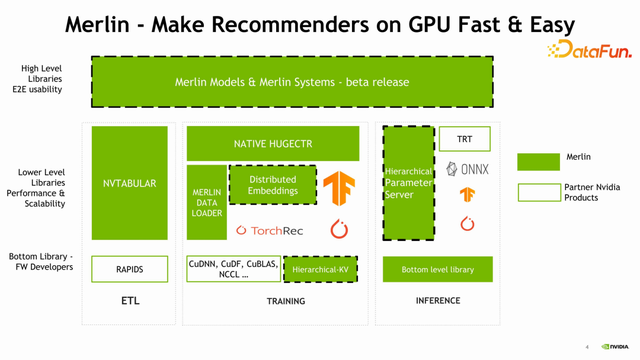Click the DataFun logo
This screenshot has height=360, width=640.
click(x=589, y=50)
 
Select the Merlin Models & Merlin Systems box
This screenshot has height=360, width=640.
click(x=291, y=82)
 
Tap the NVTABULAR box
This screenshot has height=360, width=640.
click(x=130, y=183)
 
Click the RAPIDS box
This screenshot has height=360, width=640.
click(x=130, y=269)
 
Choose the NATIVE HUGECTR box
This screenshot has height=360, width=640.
click(x=273, y=144)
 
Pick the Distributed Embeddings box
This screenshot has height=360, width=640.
click(x=273, y=184)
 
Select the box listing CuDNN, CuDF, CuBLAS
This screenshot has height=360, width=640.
click(x=233, y=269)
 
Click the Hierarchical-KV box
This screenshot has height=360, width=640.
click(x=320, y=269)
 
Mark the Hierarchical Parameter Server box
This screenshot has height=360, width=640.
click(x=408, y=183)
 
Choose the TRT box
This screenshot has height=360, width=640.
click(x=464, y=139)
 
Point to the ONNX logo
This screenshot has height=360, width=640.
click(x=467, y=169)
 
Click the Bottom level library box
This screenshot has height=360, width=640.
click(x=437, y=269)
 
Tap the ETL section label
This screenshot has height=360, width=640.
click(x=130, y=300)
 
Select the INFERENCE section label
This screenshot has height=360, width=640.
click(x=437, y=300)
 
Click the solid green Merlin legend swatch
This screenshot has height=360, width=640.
click(x=538, y=161)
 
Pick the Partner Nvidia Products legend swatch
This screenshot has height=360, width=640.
click(x=538, y=192)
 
